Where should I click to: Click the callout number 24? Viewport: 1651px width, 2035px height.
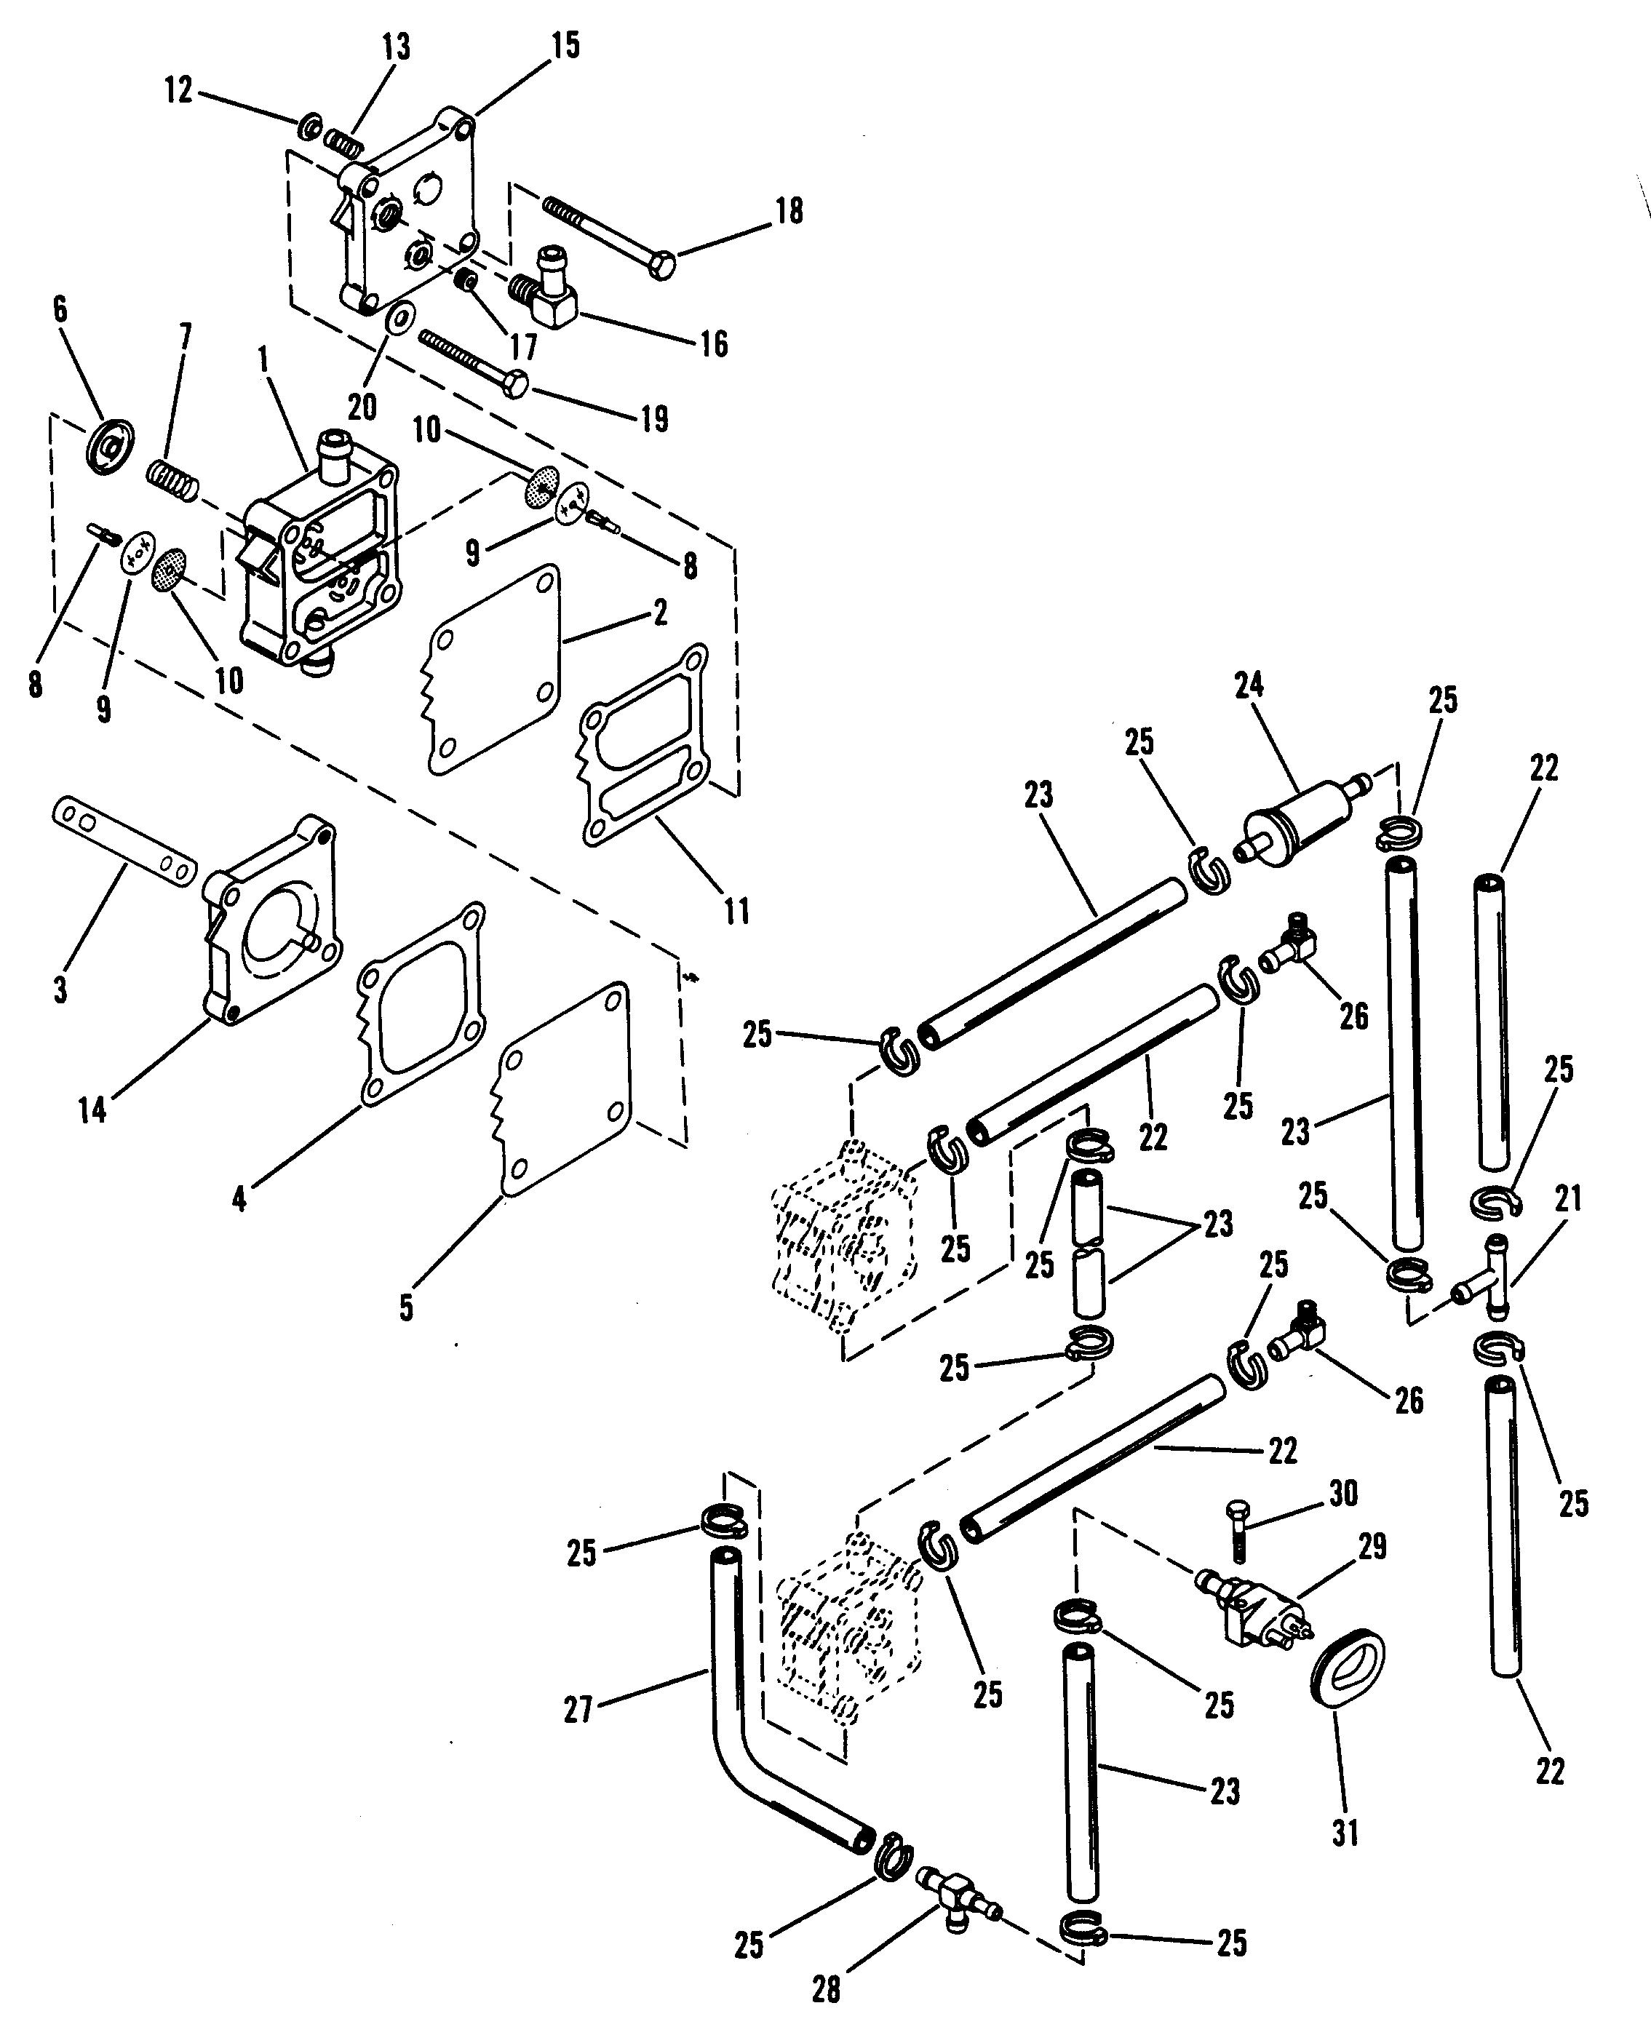1249,685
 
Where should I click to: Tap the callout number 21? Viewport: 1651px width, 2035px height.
1567,1199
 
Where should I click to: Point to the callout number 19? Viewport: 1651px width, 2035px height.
654,418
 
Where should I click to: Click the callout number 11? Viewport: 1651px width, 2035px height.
737,910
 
